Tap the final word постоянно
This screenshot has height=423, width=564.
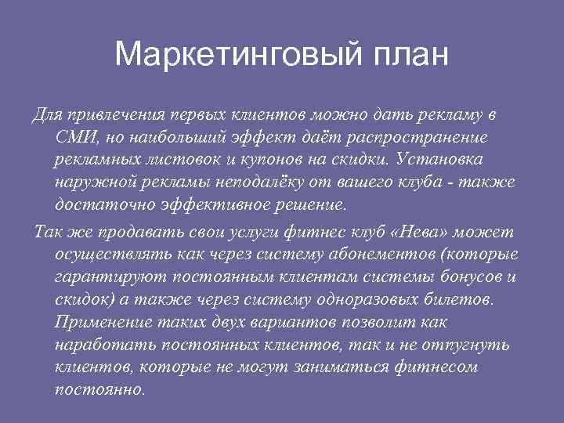tap(99, 390)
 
